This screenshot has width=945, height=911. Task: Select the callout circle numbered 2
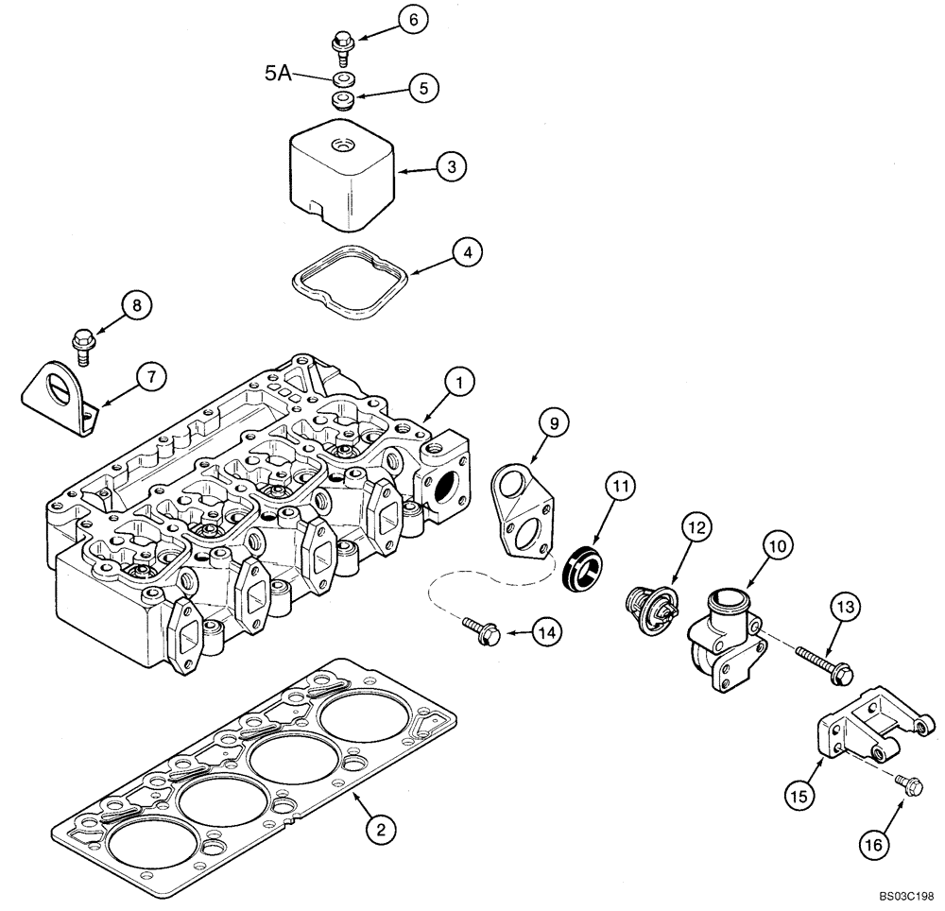click(x=379, y=830)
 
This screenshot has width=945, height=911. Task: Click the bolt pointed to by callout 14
click(x=484, y=630)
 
